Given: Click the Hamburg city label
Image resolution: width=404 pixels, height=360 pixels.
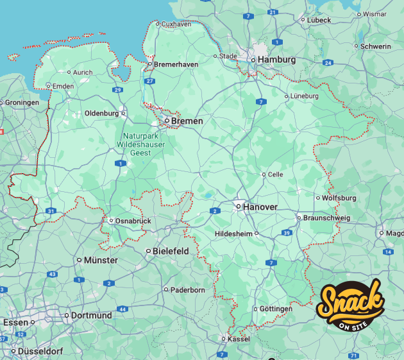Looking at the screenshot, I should (277, 60).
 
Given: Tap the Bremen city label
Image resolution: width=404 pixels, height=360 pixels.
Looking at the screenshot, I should (187, 121).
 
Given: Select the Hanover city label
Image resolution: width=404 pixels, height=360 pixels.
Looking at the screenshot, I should (260, 207).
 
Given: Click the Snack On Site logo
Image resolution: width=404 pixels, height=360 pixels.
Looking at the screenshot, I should (352, 304).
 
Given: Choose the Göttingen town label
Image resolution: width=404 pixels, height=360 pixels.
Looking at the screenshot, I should (276, 309).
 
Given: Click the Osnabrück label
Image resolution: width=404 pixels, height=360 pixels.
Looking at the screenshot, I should (133, 221).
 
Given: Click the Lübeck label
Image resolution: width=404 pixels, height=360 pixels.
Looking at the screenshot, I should (319, 20).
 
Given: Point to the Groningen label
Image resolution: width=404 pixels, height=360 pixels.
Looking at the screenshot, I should (22, 102).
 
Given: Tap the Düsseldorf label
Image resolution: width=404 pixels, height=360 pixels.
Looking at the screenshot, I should (40, 352).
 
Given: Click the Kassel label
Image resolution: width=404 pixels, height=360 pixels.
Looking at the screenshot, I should (239, 338).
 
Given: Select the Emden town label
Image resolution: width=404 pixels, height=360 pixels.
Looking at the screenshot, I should (63, 85).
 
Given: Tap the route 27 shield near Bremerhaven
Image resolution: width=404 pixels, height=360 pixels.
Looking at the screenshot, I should (149, 81).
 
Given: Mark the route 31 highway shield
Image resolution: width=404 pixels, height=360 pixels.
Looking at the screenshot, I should (51, 210).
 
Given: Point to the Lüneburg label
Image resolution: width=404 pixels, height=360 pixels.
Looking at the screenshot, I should (304, 96).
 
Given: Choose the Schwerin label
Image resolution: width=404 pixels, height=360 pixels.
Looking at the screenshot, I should (376, 46).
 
